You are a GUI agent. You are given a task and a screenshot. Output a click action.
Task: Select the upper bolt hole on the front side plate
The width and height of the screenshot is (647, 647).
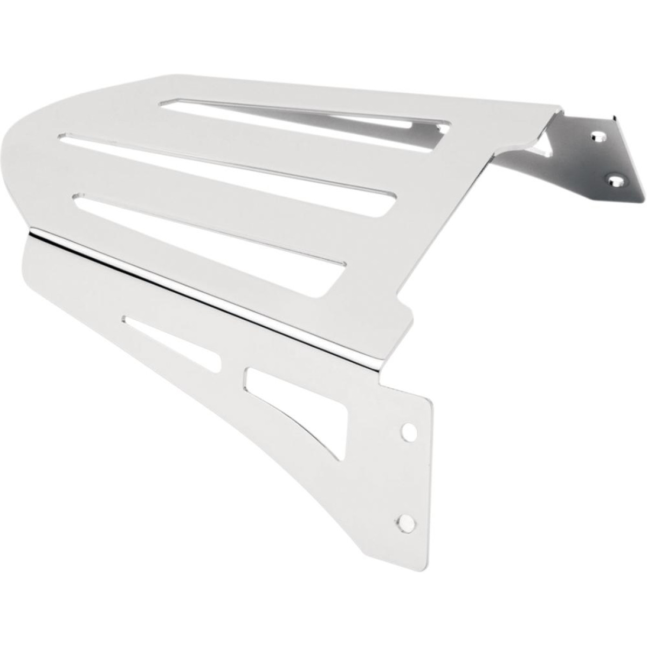click(x=410, y=431)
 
